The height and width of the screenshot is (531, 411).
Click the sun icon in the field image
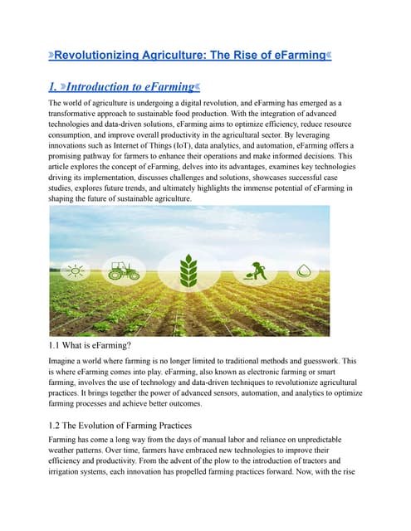click(x=72, y=270)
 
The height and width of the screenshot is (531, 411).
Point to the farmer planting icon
click(x=253, y=270)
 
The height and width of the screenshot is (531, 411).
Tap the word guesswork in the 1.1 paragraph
click(x=333, y=362)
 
